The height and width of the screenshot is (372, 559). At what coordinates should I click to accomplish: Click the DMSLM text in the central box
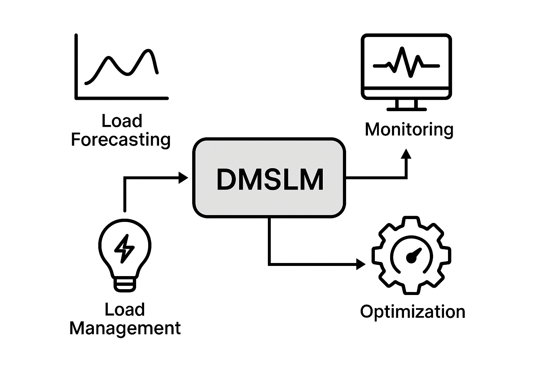point(270,179)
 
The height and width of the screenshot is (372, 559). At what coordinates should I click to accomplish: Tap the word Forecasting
point(121,140)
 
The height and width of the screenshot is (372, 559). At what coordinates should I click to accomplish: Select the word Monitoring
point(409,130)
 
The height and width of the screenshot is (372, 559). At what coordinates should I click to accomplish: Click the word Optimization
point(412,312)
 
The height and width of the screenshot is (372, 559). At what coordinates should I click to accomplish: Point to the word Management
point(125,328)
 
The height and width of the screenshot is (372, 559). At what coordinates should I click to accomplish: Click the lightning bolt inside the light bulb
point(124,248)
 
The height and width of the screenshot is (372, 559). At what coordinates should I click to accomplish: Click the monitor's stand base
point(406,108)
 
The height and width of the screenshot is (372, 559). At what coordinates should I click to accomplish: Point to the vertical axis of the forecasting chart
point(76,65)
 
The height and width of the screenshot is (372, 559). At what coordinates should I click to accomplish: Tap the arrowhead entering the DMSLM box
point(183,178)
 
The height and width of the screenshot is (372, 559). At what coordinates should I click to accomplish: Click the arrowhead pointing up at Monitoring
point(406,154)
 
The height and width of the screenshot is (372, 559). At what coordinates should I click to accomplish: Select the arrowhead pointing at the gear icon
point(361,264)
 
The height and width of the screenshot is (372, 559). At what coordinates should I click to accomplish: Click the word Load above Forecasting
point(122,121)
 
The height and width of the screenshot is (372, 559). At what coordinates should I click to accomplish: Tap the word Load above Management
point(125,310)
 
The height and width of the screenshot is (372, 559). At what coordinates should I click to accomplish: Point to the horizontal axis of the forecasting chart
point(122,98)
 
